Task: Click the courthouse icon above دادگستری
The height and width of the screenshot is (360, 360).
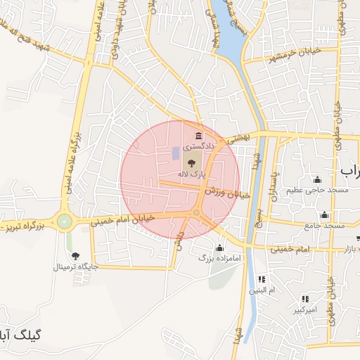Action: pyautogui.click(x=198, y=136)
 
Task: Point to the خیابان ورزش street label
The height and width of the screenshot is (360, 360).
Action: pyautogui.click(x=228, y=192)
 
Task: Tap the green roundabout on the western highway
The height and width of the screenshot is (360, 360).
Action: pyautogui.click(x=65, y=221)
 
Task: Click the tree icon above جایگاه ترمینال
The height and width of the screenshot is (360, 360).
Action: pyautogui.click(x=76, y=256)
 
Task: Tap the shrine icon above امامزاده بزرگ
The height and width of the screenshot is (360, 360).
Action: pyautogui.click(x=219, y=247)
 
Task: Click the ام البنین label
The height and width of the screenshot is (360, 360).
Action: pyautogui.click(x=262, y=290)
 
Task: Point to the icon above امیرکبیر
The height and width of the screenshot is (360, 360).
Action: pyautogui.click(x=304, y=299)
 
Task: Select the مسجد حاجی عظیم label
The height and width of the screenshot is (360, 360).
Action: pyautogui.click(x=317, y=191)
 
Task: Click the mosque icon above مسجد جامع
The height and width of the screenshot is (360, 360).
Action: pyautogui.click(x=324, y=214)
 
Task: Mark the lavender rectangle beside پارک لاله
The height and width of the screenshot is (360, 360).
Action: pyautogui.click(x=175, y=153)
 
